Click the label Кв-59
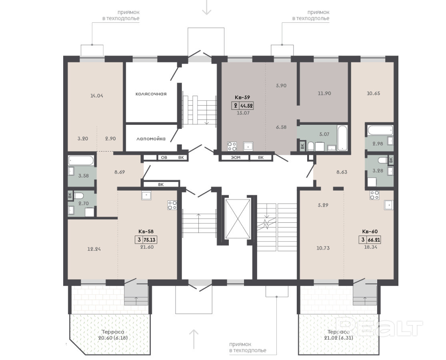click(x=242, y=98)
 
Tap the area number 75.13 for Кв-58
click(x=150, y=240)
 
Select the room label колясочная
click(x=151, y=94)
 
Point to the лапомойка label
click(x=151, y=139)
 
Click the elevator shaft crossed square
click(x=238, y=219)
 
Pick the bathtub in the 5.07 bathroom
click(x=342, y=138)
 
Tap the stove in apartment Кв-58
click(x=172, y=205)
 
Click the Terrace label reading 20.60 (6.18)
click(x=113, y=335)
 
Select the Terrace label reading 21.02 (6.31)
click(x=338, y=335)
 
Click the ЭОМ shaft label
click(x=236, y=158)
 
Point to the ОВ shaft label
click(x=164, y=158)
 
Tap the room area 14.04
click(x=97, y=96)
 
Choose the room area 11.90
click(x=324, y=93)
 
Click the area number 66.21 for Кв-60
click(x=374, y=240)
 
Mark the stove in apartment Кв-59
click(x=232, y=146)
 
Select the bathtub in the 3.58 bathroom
click(x=81, y=160)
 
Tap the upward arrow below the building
click(x=194, y=339)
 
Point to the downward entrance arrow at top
click(x=206, y=7)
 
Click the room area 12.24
click(x=94, y=249)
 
